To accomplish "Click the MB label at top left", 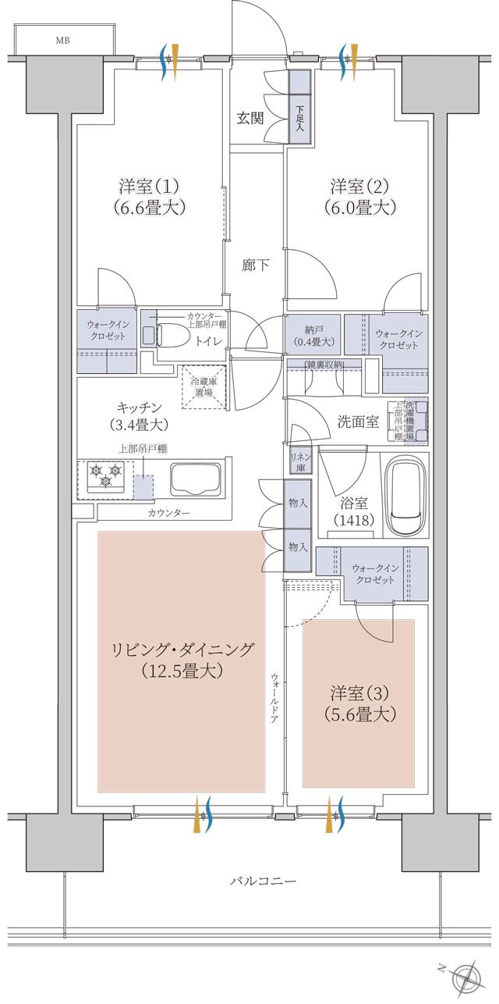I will coord(61,40).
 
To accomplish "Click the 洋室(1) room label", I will coord(150,187).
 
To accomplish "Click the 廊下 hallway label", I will coord(255,265).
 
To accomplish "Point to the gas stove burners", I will coord(104,476).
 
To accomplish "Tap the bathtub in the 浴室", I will coord(406,496).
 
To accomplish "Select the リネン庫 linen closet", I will coord(298,462).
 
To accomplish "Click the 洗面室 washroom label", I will coord(358,422).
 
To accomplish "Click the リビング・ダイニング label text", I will coord(182,650).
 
